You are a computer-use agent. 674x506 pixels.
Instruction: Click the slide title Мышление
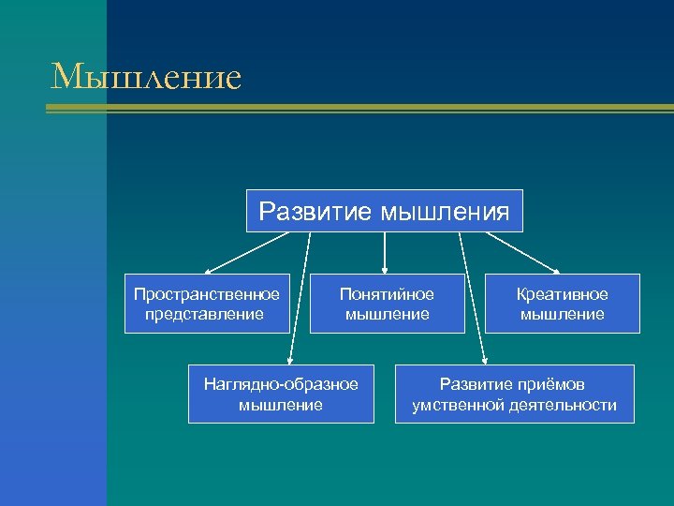[146, 76]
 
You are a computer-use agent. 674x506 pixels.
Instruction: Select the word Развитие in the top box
[316, 211]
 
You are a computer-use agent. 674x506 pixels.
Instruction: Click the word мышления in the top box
[446, 212]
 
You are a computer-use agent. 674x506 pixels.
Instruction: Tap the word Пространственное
[206, 294]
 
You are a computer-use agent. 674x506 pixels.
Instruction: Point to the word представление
[205, 314]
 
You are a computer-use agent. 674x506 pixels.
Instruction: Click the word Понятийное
[387, 294]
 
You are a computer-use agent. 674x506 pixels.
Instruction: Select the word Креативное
[563, 294]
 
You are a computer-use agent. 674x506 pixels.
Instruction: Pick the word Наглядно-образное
[281, 384]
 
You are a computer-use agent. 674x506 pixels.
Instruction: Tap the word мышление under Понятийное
[387, 314]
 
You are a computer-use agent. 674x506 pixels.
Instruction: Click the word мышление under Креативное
[563, 314]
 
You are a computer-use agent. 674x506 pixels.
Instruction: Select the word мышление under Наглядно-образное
[281, 405]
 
